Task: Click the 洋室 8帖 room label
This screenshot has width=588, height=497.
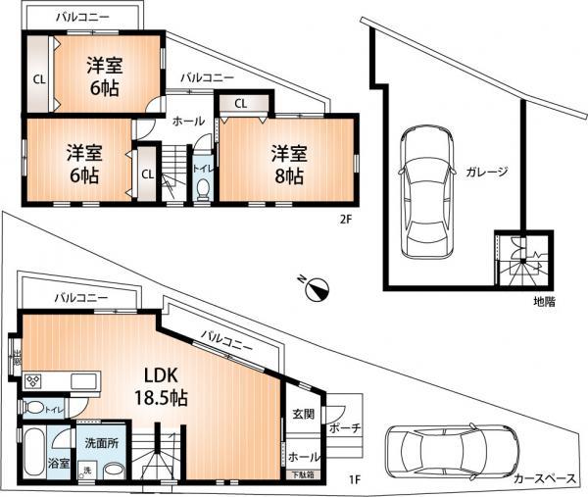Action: [288, 165]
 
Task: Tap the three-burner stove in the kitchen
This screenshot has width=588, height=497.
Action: [33, 380]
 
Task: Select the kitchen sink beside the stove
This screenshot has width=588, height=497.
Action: [78, 380]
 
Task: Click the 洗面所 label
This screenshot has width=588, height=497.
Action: [100, 443]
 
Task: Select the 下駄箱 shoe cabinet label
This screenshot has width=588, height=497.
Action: [303, 475]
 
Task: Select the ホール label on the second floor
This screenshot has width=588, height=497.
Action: [188, 122]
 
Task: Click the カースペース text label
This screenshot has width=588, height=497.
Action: [544, 479]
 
